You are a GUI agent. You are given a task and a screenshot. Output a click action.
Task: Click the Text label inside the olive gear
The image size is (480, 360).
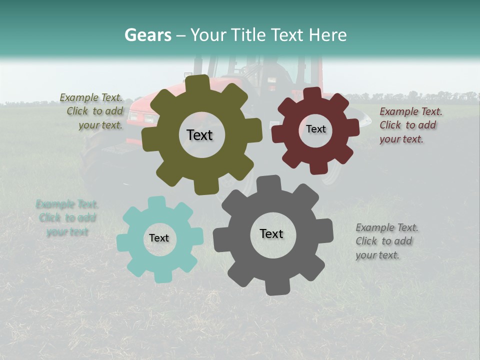(199, 135)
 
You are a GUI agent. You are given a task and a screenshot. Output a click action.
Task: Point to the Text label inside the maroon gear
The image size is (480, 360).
(316, 129)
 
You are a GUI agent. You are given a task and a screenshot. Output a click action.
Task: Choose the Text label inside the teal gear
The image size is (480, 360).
(159, 238)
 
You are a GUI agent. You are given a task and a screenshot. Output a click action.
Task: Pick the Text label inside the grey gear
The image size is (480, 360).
(271, 234)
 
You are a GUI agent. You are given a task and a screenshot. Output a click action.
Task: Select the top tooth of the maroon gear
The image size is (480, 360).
(312, 93)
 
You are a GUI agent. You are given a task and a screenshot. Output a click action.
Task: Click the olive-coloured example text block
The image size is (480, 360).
(92, 111)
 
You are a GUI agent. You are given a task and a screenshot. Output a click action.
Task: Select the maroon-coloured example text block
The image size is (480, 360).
(410, 125)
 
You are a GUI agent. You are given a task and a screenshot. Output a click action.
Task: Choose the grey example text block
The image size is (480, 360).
(386, 241)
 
